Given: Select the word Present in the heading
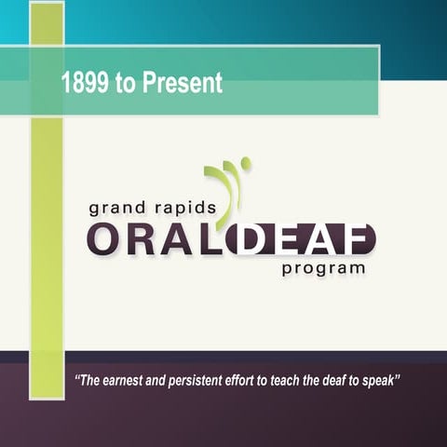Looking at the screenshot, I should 184,84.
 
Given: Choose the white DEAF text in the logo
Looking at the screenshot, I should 299,239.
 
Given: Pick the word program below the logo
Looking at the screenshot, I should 323,269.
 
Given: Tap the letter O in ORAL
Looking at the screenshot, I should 102,239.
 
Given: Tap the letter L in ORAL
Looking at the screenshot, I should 208,239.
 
